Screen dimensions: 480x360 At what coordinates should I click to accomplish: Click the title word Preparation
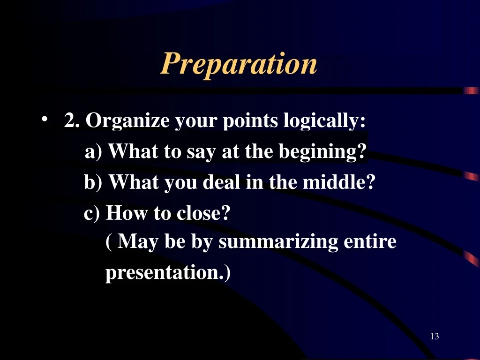[x=239, y=64]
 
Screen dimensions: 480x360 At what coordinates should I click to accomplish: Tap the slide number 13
[x=435, y=336]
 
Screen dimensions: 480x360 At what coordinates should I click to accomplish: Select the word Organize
[x=127, y=120]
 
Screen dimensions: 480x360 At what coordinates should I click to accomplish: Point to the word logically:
[x=324, y=120]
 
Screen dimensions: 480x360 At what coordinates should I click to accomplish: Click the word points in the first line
[x=250, y=120]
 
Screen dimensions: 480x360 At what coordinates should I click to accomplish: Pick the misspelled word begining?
[x=322, y=151]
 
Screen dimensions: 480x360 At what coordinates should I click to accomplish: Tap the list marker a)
[x=93, y=151]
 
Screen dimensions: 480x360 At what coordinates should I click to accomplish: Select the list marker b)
[x=93, y=182]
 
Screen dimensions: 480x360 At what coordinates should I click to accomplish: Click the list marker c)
[x=92, y=213]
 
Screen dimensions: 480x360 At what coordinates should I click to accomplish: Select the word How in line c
[x=127, y=212]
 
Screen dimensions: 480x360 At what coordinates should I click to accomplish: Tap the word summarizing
[x=278, y=242]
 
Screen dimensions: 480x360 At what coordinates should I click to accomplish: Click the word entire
[x=370, y=241]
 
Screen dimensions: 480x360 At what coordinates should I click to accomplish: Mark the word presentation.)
[x=168, y=272]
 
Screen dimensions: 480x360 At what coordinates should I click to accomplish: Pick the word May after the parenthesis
[x=138, y=242]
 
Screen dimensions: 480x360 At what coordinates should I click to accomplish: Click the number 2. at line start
[x=72, y=120]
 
